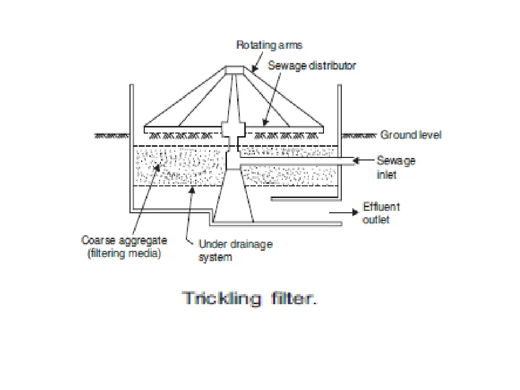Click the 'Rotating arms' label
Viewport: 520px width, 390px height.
point(269,45)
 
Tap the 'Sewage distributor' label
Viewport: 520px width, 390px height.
point(312,66)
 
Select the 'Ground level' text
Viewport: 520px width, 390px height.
point(411,135)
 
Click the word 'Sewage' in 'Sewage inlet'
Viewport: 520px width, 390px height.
point(396,161)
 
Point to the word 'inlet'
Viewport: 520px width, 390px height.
point(386,174)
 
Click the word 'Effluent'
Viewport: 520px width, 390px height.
point(381,207)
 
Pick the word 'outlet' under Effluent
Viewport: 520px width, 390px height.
point(376,219)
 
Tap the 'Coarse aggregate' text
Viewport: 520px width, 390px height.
point(124,240)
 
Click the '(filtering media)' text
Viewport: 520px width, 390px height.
point(124,253)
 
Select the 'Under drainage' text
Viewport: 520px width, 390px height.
point(235,244)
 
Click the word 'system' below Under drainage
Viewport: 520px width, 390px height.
point(215,257)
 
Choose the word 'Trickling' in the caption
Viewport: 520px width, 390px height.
point(221,298)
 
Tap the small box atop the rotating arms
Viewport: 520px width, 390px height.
point(235,69)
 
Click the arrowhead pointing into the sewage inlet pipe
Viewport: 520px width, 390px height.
point(356,161)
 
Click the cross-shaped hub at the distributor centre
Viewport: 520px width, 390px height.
point(233,131)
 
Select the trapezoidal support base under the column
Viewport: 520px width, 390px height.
point(233,198)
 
